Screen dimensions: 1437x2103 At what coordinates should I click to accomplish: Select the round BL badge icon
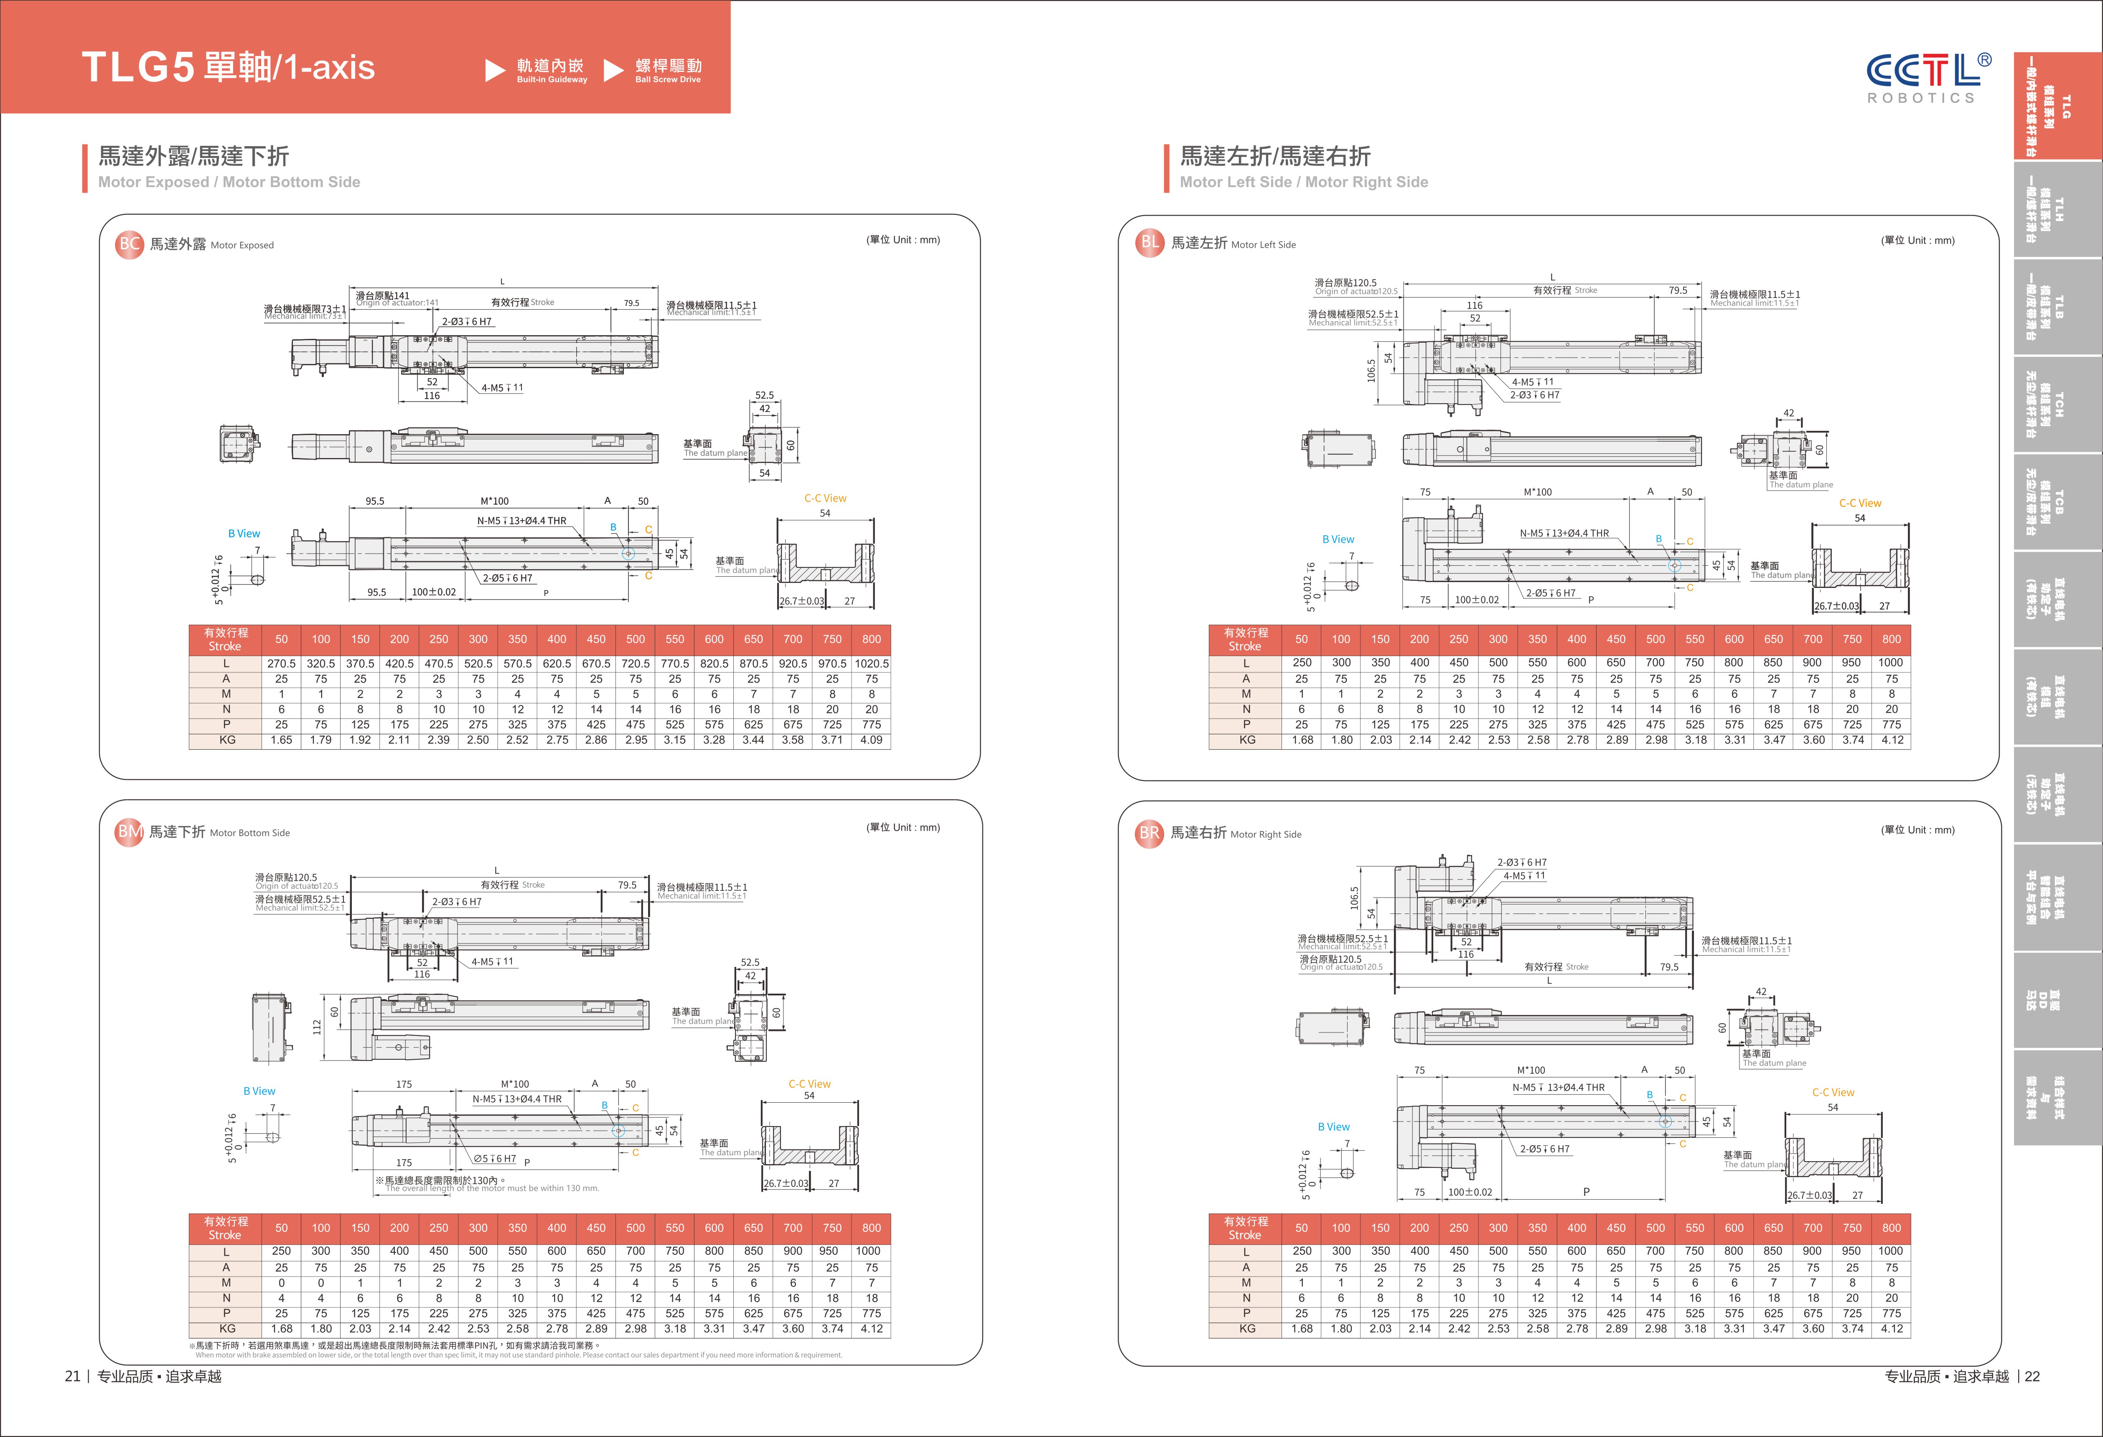tap(1149, 242)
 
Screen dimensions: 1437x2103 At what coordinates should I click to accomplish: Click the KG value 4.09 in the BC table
tap(870, 740)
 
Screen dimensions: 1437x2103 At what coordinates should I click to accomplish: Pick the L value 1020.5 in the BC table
tap(870, 663)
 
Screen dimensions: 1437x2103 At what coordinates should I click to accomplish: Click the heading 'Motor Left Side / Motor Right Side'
tap(1303, 182)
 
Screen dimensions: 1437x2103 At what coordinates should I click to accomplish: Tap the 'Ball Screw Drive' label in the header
tap(668, 80)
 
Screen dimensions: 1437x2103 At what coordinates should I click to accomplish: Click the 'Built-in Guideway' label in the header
tap(551, 80)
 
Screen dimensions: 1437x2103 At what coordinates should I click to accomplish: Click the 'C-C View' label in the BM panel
tap(809, 1083)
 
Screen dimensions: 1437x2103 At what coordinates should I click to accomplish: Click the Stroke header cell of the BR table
tap(1245, 1228)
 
